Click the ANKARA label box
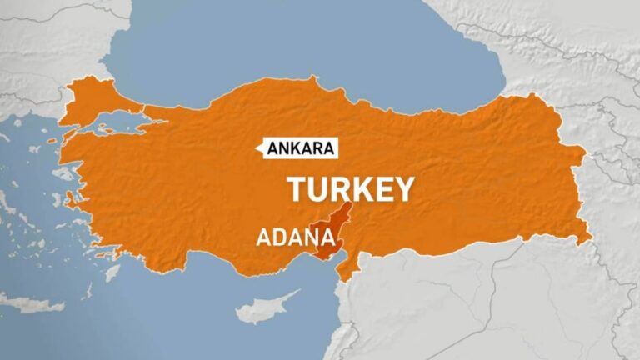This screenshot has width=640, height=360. pos(302,149)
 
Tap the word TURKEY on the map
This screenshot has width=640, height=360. pos(350,190)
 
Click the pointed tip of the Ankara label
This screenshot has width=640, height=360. pos(259,149)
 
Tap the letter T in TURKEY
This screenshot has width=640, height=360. pos(297,190)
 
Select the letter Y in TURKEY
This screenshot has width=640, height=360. pos(402,190)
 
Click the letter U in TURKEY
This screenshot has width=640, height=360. pos(317,190)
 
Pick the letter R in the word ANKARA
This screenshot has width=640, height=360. pos(317,149)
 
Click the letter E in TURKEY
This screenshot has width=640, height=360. pos(382,190)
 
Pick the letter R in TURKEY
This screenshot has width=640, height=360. pos(339,190)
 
